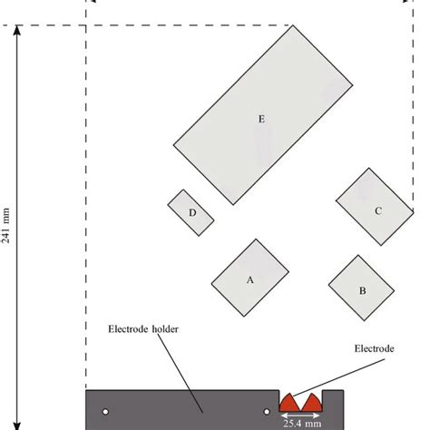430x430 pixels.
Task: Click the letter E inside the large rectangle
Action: coord(261,119)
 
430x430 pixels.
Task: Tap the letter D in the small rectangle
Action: coord(192,213)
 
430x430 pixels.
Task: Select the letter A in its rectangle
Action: coord(249,280)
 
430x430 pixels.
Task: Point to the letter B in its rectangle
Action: coord(363,290)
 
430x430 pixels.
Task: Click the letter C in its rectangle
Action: coord(378,210)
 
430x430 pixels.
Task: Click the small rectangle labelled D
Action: coord(191,212)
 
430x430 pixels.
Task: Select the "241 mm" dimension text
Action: coord(5,226)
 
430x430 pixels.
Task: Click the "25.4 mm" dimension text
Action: coord(302,424)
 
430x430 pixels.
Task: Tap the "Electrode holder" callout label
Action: coord(143,329)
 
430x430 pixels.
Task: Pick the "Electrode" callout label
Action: coord(375,348)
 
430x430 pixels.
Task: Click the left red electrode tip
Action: coord(289,403)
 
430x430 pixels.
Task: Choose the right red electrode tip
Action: coord(312,403)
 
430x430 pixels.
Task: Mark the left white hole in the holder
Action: coord(105,412)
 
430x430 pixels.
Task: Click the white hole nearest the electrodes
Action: coord(267,412)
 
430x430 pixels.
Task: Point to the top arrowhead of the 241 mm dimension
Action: coord(17,30)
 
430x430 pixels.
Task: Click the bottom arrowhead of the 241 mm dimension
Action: coord(17,425)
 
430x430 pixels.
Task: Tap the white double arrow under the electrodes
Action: coord(300,415)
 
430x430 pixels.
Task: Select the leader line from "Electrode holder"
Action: coord(180,373)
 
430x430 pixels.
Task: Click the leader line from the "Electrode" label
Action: coord(338,377)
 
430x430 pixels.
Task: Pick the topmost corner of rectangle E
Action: coord(293,25)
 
